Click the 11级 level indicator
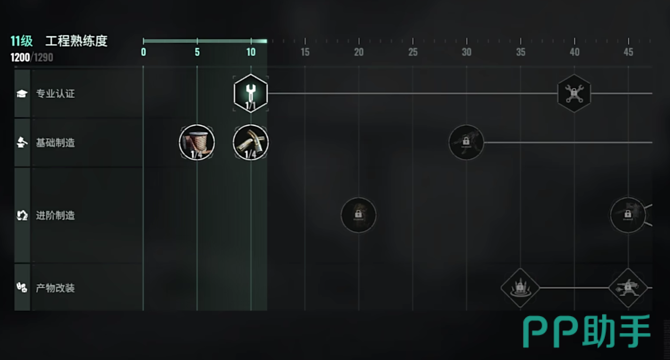tap(21, 42)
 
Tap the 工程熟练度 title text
tap(76, 41)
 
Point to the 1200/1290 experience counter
tap(32, 57)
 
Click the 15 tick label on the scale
tap(305, 52)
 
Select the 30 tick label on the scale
tap(466, 52)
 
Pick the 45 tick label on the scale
tap(628, 52)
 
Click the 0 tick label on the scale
tap(143, 52)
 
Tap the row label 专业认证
tap(55, 94)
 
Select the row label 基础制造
tap(55, 143)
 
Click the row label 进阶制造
tap(55, 216)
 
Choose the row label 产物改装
tap(55, 288)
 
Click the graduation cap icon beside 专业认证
tap(22, 94)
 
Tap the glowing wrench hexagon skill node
tap(251, 93)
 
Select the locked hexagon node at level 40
tap(574, 93)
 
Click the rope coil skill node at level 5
tap(197, 143)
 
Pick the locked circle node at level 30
tap(466, 142)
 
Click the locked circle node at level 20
tap(358, 215)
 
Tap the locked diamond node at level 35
tap(520, 288)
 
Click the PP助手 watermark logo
tap(587, 332)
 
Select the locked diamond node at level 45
tap(628, 288)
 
